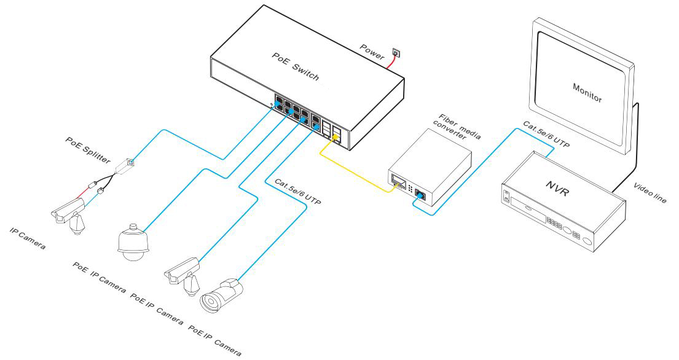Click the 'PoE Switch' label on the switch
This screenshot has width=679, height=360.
tap(296, 66)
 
